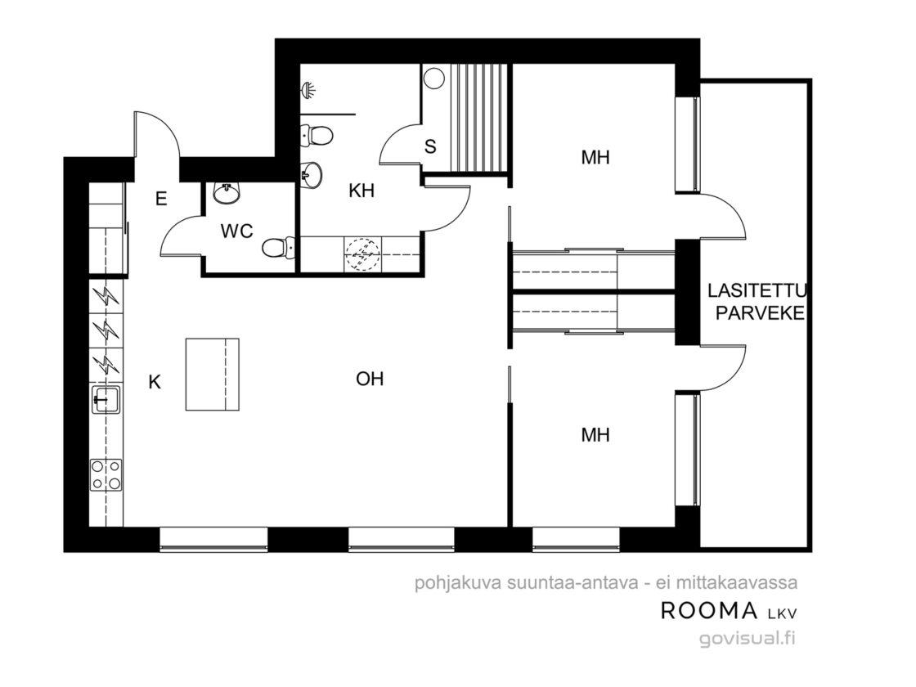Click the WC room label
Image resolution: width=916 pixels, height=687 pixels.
point(236,231)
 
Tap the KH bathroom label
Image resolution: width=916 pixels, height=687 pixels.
point(361,191)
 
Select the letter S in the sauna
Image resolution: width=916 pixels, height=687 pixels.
point(430,146)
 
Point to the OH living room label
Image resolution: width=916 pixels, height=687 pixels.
point(370,379)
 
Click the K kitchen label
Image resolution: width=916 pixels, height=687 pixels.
point(155,382)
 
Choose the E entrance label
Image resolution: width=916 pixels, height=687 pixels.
point(161,200)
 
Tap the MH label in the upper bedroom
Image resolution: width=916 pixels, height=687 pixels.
point(595,157)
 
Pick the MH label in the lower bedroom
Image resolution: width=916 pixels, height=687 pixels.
point(595,434)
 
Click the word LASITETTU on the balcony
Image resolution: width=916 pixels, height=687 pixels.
point(757,290)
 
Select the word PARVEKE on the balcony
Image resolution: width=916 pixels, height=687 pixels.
point(760,313)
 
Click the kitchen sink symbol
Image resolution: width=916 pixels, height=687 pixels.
point(106,400)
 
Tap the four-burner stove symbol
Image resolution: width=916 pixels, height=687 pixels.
point(106,474)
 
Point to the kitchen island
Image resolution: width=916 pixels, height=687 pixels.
point(213,375)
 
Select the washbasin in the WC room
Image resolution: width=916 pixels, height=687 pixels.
point(227,193)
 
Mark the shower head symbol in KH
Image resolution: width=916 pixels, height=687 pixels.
point(309,90)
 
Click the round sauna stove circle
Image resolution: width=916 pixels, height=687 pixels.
point(434,79)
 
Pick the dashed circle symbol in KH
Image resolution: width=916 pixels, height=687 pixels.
point(363,254)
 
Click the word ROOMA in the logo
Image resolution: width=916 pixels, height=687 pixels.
point(709,610)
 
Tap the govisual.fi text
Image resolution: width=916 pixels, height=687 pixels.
point(748,639)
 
